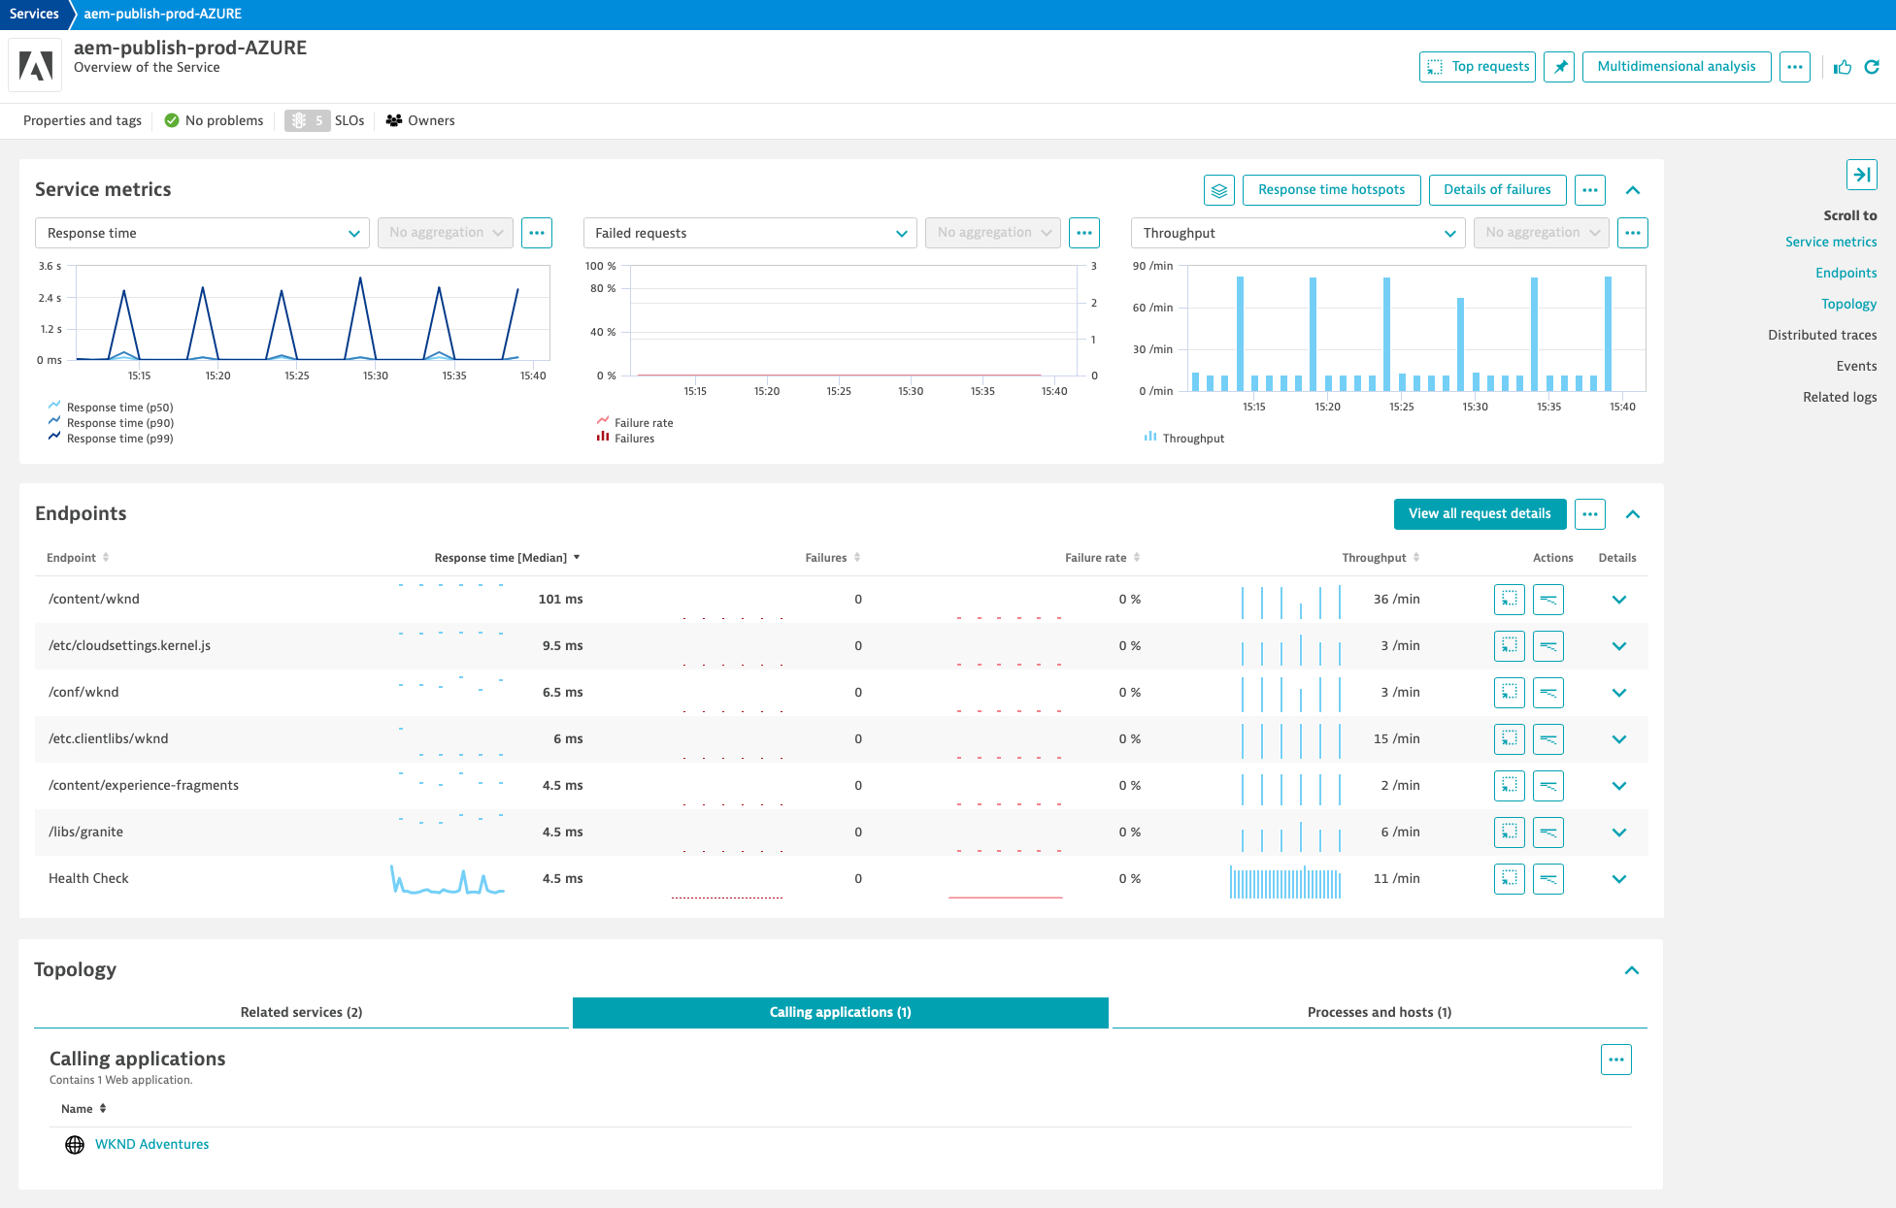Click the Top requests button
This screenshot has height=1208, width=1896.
1477,67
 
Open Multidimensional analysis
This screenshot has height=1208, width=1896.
1676,67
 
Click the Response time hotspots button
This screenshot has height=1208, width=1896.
1331,190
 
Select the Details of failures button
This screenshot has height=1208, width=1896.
1496,190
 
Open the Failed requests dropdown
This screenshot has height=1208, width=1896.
749,233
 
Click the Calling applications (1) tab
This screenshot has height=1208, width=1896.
840,1012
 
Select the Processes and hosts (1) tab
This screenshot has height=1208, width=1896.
1379,1012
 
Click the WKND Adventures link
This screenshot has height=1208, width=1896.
152,1144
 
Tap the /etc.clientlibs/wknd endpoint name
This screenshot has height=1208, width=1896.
109,738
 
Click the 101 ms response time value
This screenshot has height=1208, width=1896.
560,599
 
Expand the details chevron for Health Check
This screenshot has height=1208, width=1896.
1618,879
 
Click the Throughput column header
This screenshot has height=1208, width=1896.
1374,558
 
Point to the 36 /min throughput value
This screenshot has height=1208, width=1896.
1396,599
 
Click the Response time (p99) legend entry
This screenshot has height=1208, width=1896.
119,439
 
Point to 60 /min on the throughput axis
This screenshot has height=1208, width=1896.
1152,308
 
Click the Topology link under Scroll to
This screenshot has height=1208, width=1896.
1848,304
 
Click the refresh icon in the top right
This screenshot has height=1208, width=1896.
1872,67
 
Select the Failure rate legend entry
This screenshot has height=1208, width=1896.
643,423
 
